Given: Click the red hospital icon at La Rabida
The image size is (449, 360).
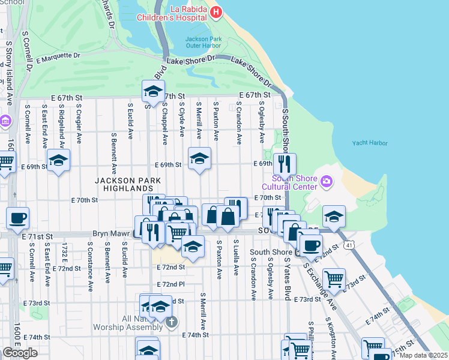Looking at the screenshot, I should coord(215,11).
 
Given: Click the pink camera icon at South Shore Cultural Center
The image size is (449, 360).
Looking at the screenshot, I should coord(327,181).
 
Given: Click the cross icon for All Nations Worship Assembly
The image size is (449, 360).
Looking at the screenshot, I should coord(171,323).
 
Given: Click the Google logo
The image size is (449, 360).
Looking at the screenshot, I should coord(20,352).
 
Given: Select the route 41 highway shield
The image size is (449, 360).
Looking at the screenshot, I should coord(349,245).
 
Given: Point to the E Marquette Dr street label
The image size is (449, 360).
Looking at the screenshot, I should coord(58,58).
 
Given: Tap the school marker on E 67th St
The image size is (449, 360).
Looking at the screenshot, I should coord(153,92).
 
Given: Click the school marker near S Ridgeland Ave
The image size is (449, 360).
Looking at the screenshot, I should coord(59,160).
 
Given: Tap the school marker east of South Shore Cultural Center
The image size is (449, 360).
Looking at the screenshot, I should coord(334,217).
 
